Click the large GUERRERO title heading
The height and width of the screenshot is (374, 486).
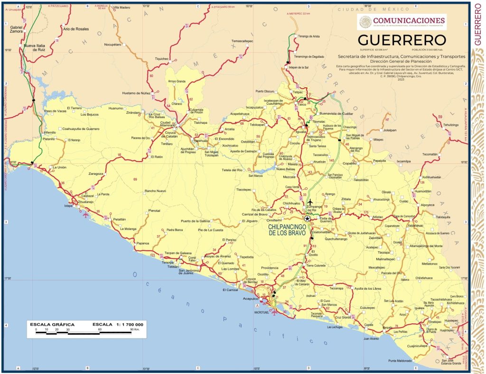[402, 39]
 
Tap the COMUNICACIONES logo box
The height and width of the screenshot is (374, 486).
[402, 21]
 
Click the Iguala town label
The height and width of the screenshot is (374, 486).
[300, 131]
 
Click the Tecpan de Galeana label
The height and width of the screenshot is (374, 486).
[178, 253]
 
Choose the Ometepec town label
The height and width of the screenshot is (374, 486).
[435, 321]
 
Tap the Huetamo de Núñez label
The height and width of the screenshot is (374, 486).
[136, 93]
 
